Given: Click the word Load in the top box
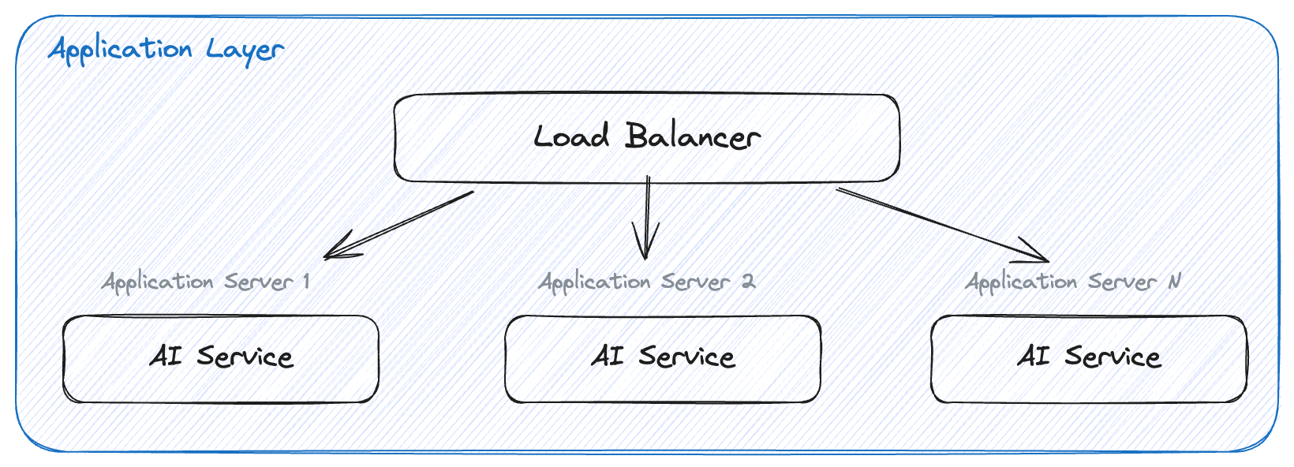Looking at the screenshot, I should (571, 136).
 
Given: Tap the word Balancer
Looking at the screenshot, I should (693, 136).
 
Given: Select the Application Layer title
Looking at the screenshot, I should (166, 50).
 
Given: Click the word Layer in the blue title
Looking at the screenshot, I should (245, 50).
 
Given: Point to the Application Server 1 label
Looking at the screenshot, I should (205, 282).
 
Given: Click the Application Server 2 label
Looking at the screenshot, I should (646, 282).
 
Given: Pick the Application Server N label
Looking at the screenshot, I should (1073, 282).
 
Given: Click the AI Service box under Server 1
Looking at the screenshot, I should (221, 359).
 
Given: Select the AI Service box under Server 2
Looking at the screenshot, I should (663, 359).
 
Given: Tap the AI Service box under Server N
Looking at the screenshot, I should (1089, 359).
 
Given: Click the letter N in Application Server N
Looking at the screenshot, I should (1174, 282).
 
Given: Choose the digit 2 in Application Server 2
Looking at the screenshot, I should (748, 282).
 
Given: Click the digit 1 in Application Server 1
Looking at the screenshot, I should (306, 282).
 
